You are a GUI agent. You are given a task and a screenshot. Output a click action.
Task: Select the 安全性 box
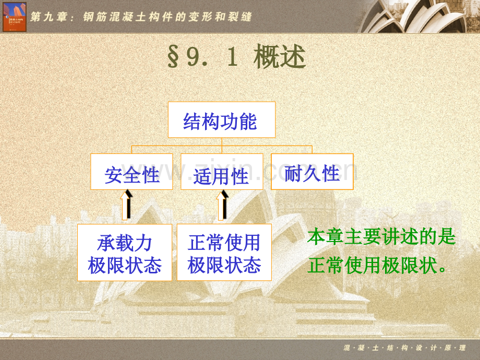pos(131,172)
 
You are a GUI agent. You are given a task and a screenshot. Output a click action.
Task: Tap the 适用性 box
pos(222,172)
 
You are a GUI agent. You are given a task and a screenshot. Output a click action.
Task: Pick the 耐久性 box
pos(312,172)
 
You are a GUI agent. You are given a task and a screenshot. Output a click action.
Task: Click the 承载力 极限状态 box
pos(125,253)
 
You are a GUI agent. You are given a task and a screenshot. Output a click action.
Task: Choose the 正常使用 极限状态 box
pos(224,253)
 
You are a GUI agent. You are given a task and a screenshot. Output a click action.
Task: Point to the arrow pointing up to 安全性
pos(127,205)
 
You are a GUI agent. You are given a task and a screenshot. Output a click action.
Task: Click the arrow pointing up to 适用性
pos(223,205)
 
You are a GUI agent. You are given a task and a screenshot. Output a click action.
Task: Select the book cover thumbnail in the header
pos(14,17)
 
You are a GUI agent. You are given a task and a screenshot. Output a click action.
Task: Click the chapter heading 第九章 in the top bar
pos(51,17)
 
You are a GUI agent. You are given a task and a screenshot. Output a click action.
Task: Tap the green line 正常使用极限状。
pos(378,266)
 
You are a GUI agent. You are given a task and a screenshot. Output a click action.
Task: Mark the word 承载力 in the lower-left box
pos(125,243)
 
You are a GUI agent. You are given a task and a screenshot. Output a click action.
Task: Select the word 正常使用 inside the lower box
pos(224,243)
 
